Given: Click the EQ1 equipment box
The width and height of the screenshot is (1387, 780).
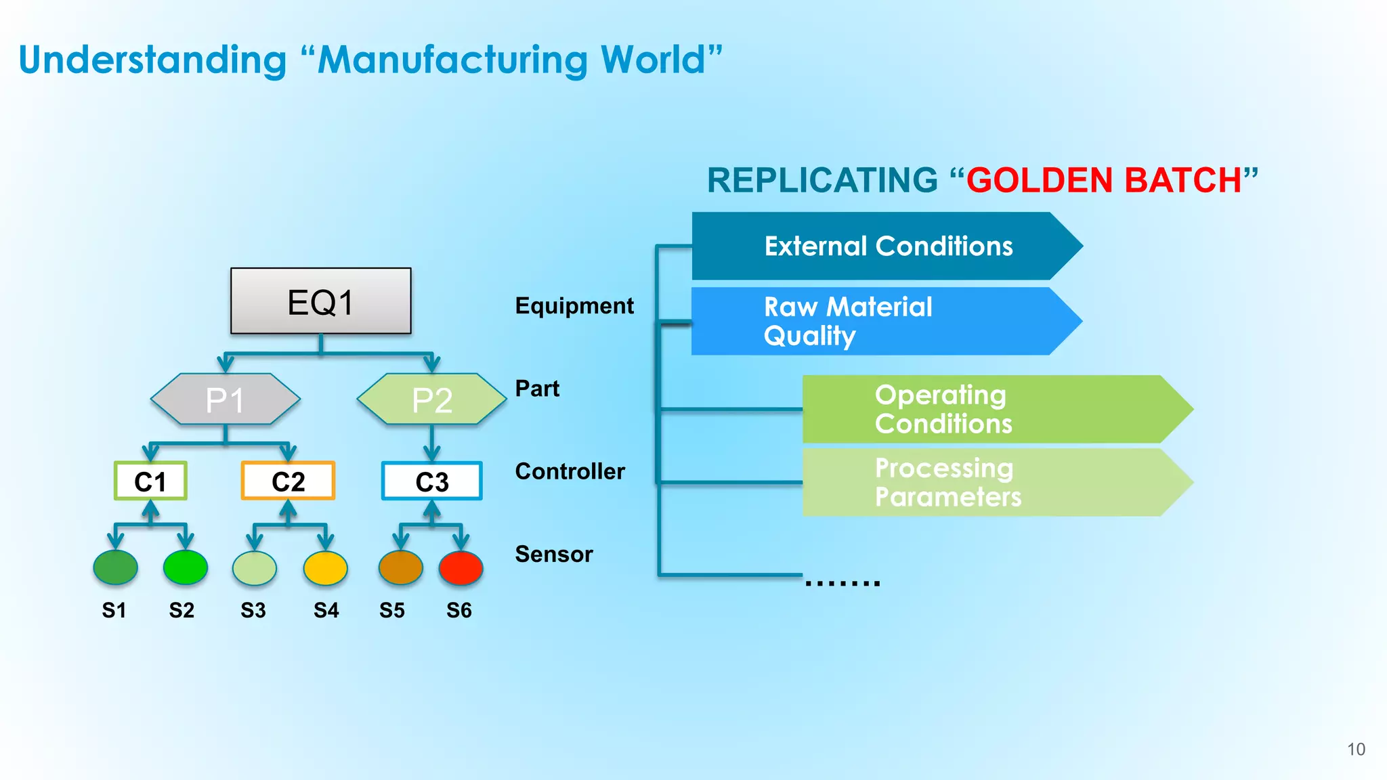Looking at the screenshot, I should pos(320,301).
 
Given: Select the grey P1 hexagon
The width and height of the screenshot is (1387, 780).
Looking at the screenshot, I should pos(225,399).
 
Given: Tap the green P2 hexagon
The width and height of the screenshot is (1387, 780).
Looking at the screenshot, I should pos(431,399).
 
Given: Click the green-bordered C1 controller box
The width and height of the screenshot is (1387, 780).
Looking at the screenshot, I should pos(150,481).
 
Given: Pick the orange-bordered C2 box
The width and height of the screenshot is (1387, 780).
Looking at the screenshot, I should pos(288,481).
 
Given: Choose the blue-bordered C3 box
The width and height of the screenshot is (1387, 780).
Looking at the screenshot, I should pos(431,481).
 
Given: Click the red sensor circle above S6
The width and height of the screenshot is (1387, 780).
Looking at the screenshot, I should pos(461,567).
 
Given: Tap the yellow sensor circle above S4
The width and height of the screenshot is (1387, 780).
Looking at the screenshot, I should pos(326,567).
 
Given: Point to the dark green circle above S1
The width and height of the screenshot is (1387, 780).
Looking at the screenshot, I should pos(115,567).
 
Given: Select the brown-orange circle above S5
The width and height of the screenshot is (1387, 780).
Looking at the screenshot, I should pos(400,567).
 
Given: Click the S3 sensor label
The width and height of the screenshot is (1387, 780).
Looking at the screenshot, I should pos(253,610).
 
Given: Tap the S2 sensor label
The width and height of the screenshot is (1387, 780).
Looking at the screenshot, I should pos(182,610).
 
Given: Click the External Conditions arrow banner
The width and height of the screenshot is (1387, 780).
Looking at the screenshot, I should pos(887,246).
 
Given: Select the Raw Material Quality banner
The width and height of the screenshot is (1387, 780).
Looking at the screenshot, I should pos(880,321).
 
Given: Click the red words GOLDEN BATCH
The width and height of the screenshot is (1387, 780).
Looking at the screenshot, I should pos(1104,181).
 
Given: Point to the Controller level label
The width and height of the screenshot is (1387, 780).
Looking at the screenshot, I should pos(570,471).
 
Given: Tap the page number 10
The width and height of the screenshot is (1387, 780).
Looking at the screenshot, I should pos(1356,749).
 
